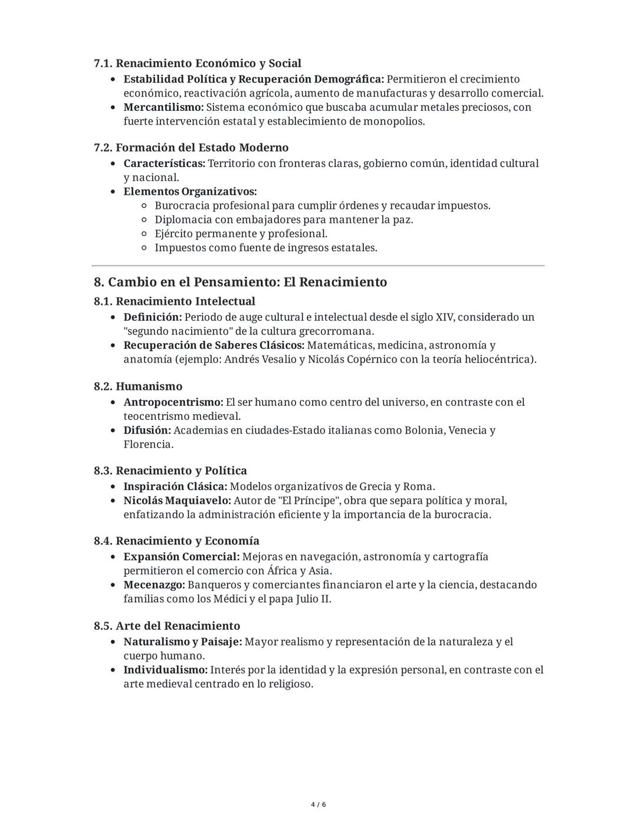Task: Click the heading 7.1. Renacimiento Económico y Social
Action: (197, 63)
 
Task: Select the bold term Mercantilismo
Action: (163, 107)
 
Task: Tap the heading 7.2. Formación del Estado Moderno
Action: (191, 147)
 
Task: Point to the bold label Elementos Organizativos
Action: (190, 192)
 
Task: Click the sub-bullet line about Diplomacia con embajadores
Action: (283, 219)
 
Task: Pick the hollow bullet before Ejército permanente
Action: (145, 234)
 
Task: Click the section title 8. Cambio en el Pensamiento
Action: (240, 282)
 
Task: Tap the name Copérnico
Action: (369, 359)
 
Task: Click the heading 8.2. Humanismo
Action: (138, 386)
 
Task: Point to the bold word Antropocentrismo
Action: (173, 402)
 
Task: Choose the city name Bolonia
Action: (424, 430)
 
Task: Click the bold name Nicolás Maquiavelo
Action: (177, 501)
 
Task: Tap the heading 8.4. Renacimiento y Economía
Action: (176, 541)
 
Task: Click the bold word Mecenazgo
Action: (154, 585)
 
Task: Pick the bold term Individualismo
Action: (165, 670)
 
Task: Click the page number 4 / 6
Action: (318, 805)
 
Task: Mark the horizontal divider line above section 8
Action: (318, 266)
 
